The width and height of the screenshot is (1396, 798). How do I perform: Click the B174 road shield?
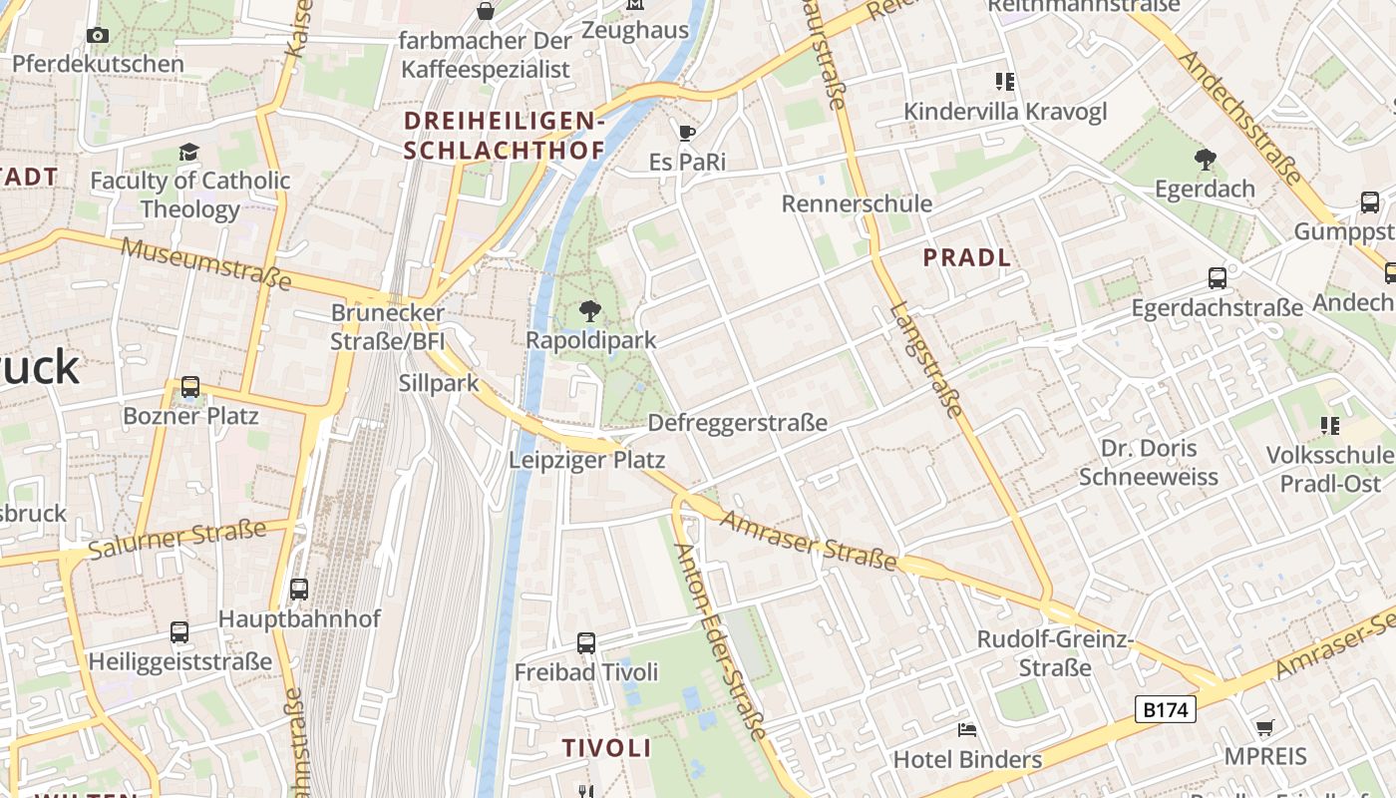[x=1165, y=709]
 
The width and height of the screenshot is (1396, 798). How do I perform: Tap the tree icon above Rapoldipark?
[x=590, y=310]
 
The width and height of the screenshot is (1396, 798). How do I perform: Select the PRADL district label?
[x=966, y=257]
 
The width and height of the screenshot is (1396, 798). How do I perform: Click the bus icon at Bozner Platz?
[x=190, y=387]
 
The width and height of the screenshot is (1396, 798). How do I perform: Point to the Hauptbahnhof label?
[x=299, y=618]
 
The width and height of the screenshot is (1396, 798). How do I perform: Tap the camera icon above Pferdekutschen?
[x=98, y=36]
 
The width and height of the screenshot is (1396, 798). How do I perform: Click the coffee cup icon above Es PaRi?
[x=686, y=133]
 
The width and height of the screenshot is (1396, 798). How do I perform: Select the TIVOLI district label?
[x=606, y=748]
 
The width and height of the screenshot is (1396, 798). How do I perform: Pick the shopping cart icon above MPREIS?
[x=1264, y=727]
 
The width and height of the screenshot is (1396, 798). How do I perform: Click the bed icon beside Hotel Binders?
[x=966, y=730]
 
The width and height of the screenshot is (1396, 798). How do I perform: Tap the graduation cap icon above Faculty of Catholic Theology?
[x=188, y=152]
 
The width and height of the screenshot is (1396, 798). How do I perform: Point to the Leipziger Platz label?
[x=586, y=460]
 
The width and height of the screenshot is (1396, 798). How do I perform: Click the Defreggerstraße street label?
[x=737, y=422]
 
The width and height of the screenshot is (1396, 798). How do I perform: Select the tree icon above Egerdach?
[x=1205, y=159]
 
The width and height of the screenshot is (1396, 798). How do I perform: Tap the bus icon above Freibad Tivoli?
[x=586, y=643]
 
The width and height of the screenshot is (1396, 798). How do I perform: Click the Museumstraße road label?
[x=206, y=263]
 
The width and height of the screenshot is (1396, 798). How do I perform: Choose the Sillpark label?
[x=439, y=383]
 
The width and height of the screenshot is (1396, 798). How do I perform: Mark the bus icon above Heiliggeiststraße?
[x=179, y=632]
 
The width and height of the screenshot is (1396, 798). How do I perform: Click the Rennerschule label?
[x=857, y=203]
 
